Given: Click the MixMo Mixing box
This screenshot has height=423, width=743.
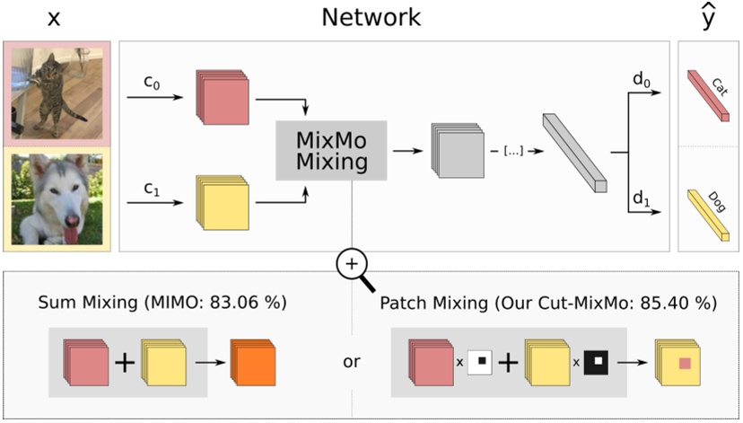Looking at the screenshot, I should (331, 150).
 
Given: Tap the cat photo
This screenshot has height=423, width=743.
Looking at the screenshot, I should (57, 93).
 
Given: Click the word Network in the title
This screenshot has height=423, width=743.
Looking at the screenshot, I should (371, 17).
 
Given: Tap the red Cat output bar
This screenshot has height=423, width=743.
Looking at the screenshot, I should (710, 93).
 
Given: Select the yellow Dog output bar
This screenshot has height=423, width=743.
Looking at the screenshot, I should (710, 210).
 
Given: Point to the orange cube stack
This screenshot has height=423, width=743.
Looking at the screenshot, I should (254, 362).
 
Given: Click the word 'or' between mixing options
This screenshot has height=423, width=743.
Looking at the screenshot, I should (351, 363).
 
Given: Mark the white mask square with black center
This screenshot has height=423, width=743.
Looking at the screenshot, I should (481, 363).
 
